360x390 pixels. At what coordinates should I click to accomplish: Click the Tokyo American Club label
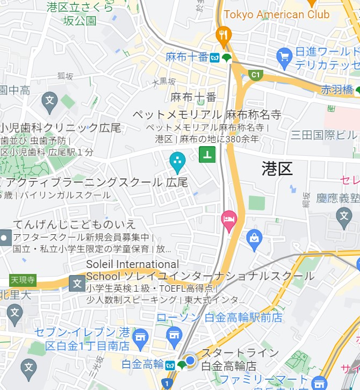[x=276, y=15]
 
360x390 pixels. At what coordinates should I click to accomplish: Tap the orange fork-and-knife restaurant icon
[x=223, y=36]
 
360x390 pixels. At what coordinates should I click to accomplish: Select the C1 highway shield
[x=254, y=74]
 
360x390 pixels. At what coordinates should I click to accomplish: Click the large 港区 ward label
[x=277, y=169]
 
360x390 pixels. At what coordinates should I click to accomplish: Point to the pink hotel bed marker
[x=229, y=220]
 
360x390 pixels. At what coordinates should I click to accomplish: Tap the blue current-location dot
[x=190, y=360]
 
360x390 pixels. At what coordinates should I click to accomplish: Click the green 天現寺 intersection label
[x=23, y=280]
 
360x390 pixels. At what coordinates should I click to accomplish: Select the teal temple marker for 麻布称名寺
[x=177, y=160]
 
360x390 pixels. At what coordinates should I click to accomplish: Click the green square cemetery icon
[x=207, y=155]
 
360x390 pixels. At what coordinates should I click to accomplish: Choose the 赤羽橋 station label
[x=337, y=90]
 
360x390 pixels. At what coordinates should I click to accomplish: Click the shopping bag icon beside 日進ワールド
[x=284, y=55]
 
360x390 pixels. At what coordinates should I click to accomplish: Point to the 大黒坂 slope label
[x=164, y=82]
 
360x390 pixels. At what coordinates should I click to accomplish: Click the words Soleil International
[x=133, y=264]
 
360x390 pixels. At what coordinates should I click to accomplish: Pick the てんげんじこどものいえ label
[x=75, y=224]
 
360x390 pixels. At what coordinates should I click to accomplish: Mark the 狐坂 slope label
[x=65, y=76]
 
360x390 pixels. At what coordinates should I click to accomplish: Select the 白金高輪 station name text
[x=142, y=364]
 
